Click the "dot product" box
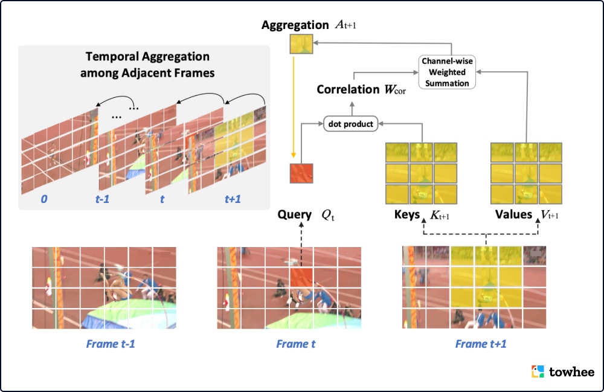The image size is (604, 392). click(x=351, y=124)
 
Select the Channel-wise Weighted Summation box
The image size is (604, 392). click(x=448, y=71)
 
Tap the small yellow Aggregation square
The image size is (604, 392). click(x=300, y=46)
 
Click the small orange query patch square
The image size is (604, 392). click(x=300, y=173)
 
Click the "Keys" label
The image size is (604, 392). click(x=406, y=214)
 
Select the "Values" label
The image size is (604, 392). click(x=513, y=214)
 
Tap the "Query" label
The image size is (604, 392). click(x=295, y=214)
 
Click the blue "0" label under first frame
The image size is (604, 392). click(x=43, y=198)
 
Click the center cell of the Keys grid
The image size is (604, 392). click(x=421, y=173)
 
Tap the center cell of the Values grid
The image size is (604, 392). click(x=526, y=173)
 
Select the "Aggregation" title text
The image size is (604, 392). click(x=294, y=25)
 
